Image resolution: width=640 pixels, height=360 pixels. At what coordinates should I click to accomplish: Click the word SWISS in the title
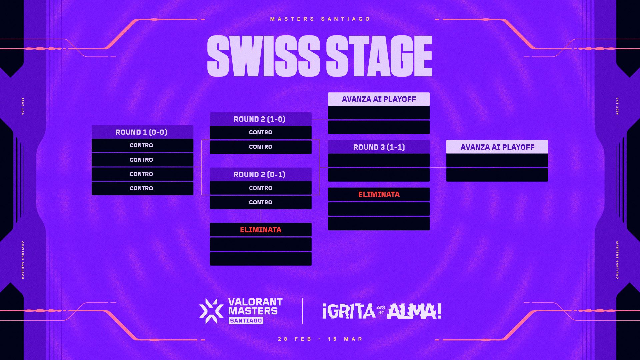[x=263, y=56]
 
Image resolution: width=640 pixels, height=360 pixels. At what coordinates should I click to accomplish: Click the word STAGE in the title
[x=379, y=56]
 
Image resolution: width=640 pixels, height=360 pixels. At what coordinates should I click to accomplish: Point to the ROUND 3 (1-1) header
[x=379, y=147]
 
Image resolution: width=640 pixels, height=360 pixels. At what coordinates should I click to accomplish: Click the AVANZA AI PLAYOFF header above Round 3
[x=379, y=99]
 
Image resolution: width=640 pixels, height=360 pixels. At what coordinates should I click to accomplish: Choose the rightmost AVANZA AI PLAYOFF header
[x=497, y=147]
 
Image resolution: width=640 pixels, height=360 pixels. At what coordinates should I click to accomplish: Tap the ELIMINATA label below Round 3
[x=379, y=194]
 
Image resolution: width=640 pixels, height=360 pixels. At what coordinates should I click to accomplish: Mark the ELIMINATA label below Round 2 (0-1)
[x=260, y=230]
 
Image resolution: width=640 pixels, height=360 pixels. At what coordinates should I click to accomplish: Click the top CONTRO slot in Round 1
[x=142, y=146]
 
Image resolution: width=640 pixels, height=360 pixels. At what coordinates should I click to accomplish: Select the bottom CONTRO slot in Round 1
[x=142, y=189]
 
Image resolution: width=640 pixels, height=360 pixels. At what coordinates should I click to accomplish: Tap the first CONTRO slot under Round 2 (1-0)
[x=260, y=133]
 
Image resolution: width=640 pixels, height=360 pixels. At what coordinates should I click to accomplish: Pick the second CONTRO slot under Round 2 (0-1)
[x=260, y=203]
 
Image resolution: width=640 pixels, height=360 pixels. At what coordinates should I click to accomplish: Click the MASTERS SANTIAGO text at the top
[x=320, y=19]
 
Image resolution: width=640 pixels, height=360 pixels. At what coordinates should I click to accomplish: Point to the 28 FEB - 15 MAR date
[x=320, y=339]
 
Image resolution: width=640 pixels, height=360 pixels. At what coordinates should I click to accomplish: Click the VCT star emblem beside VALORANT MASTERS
[x=211, y=311]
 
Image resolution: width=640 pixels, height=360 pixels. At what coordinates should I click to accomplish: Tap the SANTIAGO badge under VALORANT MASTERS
[x=246, y=321]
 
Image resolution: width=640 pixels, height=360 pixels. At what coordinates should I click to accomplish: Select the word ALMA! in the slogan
[x=414, y=311]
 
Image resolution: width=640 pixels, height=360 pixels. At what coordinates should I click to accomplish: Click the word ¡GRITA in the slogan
[x=349, y=311]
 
